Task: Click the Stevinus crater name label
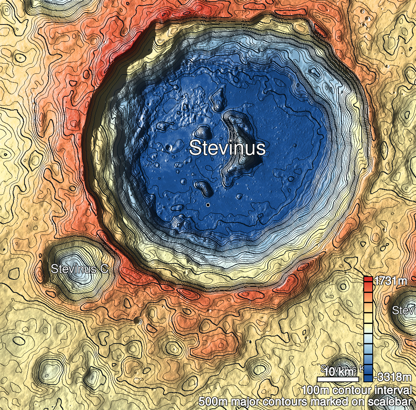click(227, 148)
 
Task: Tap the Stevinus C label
click(79, 269)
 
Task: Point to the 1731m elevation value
click(391, 281)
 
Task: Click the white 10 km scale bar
click(338, 379)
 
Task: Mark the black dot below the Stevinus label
click(208, 205)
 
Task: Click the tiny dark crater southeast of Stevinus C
click(137, 321)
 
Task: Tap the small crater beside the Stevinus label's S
click(169, 146)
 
